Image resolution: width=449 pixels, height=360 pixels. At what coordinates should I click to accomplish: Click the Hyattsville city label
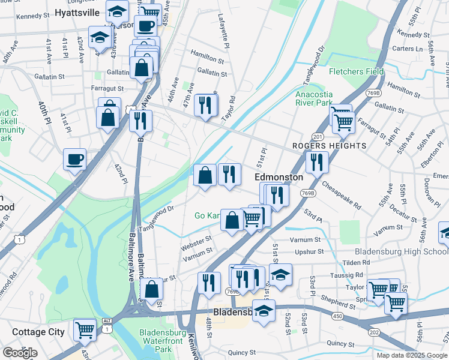point(76,12)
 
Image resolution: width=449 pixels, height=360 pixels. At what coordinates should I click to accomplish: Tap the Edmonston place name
point(279,178)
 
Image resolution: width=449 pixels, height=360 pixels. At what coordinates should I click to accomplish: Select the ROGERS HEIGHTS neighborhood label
point(329,146)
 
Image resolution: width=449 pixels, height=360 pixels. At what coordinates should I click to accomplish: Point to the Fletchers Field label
point(356,71)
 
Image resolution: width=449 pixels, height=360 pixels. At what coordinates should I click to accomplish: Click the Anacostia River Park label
point(313,98)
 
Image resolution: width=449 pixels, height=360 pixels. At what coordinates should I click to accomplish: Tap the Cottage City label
point(37,332)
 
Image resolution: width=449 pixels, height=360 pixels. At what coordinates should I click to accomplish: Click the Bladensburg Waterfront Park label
point(163,341)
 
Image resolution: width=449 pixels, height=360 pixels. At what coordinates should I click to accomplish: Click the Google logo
point(20,352)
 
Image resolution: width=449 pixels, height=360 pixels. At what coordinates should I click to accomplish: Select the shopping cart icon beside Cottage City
point(85,329)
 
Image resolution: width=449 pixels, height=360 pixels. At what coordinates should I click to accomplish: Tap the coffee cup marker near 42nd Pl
point(75,160)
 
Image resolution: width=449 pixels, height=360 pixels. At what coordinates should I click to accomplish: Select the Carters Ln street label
point(406,48)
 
